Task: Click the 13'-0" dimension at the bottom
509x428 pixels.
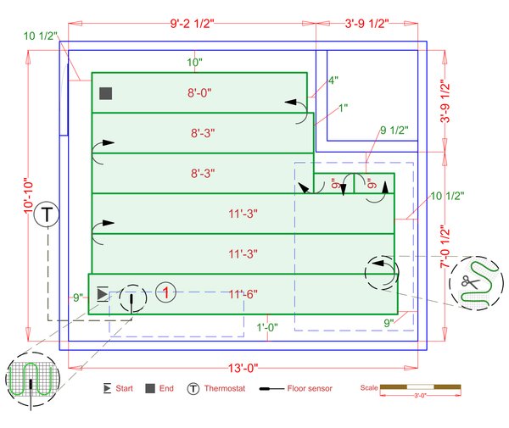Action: click(243, 368)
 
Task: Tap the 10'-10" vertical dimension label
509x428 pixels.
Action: click(29, 196)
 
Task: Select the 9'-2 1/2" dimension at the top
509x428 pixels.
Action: click(193, 24)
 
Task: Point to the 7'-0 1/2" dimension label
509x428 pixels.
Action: click(445, 247)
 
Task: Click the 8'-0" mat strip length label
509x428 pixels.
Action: click(199, 93)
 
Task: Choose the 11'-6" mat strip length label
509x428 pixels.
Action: click(243, 294)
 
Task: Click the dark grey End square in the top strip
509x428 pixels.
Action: click(106, 93)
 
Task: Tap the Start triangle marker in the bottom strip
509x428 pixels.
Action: click(103, 294)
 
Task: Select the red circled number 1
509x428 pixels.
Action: click(166, 292)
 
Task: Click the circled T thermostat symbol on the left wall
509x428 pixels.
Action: click(47, 214)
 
